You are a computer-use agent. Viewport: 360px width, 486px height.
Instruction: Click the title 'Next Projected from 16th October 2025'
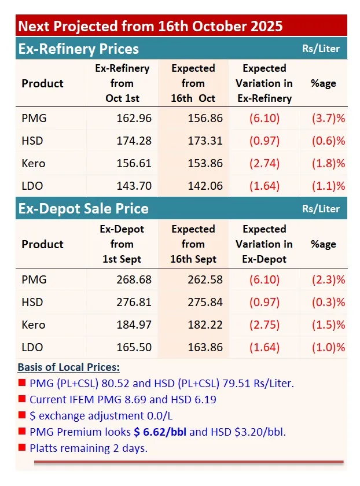150,26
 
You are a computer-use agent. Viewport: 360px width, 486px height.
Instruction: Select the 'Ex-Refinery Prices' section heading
78,49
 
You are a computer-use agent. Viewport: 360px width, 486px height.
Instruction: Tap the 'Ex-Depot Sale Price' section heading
83,208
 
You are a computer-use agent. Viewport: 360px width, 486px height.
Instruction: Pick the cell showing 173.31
205,141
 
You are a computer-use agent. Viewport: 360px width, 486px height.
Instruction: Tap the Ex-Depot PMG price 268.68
134,279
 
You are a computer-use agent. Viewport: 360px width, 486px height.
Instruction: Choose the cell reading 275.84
205,302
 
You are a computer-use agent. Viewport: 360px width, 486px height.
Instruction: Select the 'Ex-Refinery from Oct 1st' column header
122,83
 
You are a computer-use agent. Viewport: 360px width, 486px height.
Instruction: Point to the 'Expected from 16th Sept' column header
193,244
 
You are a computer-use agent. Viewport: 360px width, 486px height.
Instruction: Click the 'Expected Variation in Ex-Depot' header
264,244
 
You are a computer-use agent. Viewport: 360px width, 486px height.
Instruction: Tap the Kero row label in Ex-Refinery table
34,163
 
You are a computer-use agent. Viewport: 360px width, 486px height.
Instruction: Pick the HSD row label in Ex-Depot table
32,302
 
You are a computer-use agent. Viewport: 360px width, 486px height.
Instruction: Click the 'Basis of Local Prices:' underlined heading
69,367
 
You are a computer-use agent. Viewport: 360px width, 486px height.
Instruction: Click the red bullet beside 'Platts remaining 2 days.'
22,447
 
